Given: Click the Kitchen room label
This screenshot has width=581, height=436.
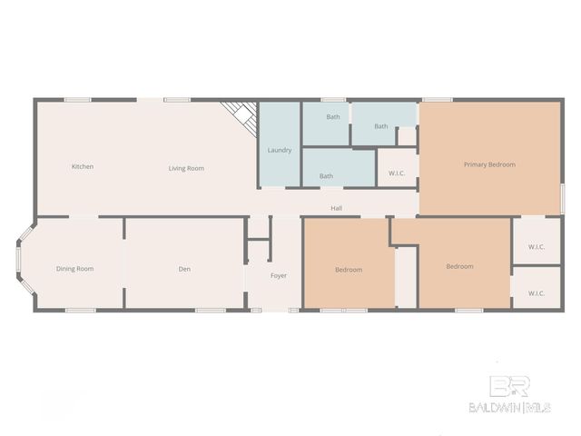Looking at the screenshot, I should pyautogui.click(x=83, y=167).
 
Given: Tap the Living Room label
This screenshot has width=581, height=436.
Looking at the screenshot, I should pyautogui.click(x=186, y=168).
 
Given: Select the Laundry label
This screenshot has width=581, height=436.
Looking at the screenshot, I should pyautogui.click(x=280, y=150).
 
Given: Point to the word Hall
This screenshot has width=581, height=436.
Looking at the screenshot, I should pyautogui.click(x=336, y=209).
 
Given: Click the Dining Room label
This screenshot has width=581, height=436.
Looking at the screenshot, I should pyautogui.click(x=74, y=269).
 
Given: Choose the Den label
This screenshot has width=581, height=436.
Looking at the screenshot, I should pyautogui.click(x=184, y=269).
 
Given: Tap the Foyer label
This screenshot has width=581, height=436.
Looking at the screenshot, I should pyautogui.click(x=279, y=275).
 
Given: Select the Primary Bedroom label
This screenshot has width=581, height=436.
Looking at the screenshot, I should pyautogui.click(x=489, y=164).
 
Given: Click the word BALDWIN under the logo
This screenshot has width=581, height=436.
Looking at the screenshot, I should pyautogui.click(x=494, y=407).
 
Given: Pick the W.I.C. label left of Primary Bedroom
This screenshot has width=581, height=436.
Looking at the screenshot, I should pyautogui.click(x=397, y=173).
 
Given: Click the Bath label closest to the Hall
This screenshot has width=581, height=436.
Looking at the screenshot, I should pyautogui.click(x=326, y=176).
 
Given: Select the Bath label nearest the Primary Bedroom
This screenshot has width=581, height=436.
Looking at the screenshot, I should pyautogui.click(x=380, y=126).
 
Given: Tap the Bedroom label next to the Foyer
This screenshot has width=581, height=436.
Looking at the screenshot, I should pyautogui.click(x=349, y=270).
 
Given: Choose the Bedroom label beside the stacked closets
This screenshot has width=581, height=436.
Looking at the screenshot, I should pyautogui.click(x=459, y=267).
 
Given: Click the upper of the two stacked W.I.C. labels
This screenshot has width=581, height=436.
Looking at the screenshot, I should pyautogui.click(x=536, y=247).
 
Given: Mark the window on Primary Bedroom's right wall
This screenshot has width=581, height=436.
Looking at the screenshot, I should pyautogui.click(x=562, y=197).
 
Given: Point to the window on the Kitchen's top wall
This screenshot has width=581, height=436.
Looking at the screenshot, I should pyautogui.click(x=77, y=99).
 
